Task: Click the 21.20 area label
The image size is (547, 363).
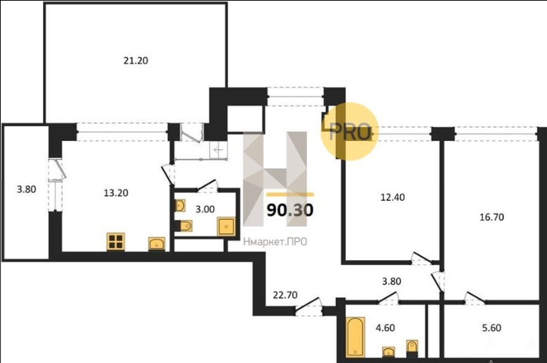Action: click(x=136, y=61)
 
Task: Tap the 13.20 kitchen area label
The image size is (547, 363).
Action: click(x=116, y=193)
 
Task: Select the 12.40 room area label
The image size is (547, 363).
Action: click(x=392, y=197)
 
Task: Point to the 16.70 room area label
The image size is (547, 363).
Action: click(x=491, y=217)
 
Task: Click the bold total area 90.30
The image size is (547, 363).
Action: click(x=290, y=210)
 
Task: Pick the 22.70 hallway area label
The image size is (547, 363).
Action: click(x=285, y=295)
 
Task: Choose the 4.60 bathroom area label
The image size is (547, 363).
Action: click(x=385, y=328)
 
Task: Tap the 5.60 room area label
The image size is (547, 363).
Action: click(x=491, y=328)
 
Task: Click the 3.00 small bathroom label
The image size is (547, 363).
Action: click(x=205, y=209)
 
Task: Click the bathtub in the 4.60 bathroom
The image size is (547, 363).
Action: click(x=356, y=337)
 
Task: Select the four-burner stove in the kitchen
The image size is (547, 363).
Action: click(x=115, y=242)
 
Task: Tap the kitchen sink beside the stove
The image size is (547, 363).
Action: click(x=156, y=244)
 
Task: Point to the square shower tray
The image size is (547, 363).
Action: click(x=226, y=226)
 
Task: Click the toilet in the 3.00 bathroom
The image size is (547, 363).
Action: click(x=186, y=226)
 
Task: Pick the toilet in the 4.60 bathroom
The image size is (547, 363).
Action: click(x=412, y=347)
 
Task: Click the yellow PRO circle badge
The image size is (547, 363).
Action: click(x=350, y=132)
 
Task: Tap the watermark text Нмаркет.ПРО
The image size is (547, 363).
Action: click(x=275, y=242)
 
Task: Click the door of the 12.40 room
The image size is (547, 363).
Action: click(x=422, y=259)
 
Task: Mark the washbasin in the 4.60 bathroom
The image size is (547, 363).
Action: click(x=389, y=351)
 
